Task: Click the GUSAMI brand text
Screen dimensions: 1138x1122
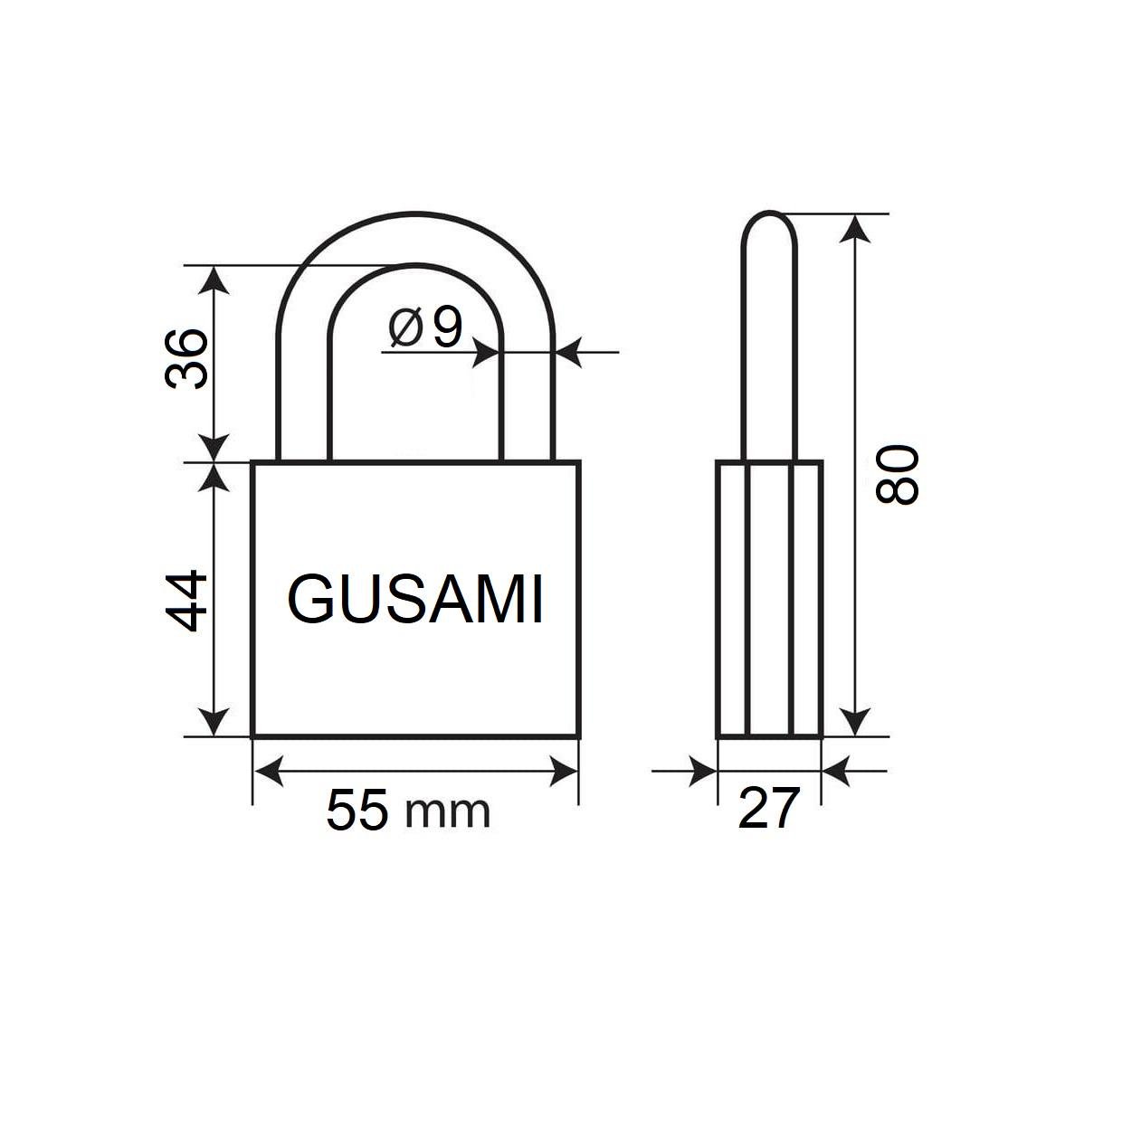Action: click(x=415, y=600)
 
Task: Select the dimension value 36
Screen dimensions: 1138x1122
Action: click(x=187, y=359)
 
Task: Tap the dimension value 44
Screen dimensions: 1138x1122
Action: click(x=187, y=601)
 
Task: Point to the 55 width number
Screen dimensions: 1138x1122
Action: click(x=358, y=811)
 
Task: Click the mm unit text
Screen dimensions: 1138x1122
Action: click(x=448, y=811)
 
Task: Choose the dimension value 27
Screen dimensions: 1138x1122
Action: click(x=769, y=808)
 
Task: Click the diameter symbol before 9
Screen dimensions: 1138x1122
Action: click(x=406, y=328)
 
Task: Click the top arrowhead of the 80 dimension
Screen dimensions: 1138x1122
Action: click(x=856, y=227)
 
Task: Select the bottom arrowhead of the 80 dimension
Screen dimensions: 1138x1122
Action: click(x=856, y=723)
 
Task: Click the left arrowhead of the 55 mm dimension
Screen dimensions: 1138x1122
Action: click(x=267, y=772)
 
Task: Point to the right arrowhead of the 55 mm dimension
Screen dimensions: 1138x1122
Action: click(x=564, y=772)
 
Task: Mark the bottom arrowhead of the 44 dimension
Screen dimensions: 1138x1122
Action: click(x=214, y=723)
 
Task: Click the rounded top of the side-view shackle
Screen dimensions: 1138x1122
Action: click(x=770, y=223)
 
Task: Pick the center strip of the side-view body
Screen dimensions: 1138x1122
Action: click(x=770, y=599)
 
